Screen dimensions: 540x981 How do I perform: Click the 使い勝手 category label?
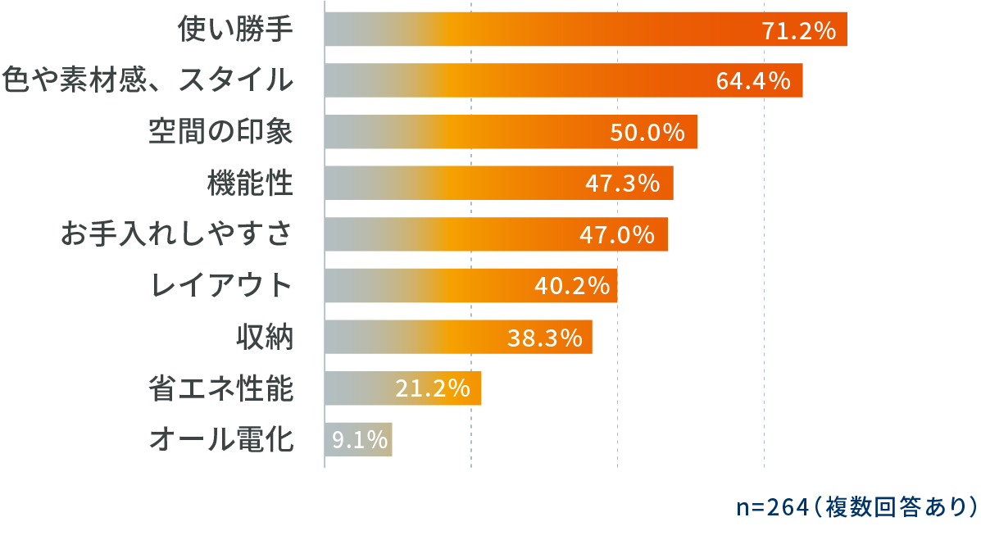[236, 30]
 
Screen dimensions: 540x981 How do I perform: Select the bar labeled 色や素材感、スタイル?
[563, 80]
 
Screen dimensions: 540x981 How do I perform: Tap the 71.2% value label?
[798, 32]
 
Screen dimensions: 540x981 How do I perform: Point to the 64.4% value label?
[753, 81]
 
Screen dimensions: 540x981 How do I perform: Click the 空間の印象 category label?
[220, 131]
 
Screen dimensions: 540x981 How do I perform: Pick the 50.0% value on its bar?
[647, 133]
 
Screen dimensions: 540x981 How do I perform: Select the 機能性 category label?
[249, 183]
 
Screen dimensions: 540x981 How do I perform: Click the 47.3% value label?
[623, 184]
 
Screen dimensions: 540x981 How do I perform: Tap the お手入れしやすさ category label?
[177, 234]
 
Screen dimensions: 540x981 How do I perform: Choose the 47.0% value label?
[617, 235]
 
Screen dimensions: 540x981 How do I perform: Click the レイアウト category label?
[221, 285]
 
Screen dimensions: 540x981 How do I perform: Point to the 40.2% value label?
[571, 286]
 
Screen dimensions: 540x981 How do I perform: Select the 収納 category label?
[264, 337]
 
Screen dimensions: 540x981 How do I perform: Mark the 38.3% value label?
[544, 338]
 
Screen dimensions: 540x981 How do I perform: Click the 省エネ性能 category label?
[220, 388]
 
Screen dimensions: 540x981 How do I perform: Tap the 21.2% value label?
[433, 389]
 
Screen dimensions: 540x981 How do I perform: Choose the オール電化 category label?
[220, 439]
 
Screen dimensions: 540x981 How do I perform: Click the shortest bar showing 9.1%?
[358, 440]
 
